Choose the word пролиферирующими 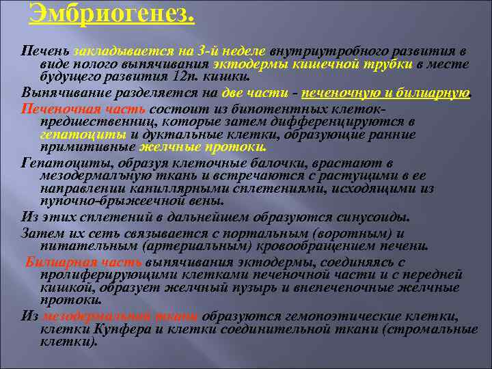103,274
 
